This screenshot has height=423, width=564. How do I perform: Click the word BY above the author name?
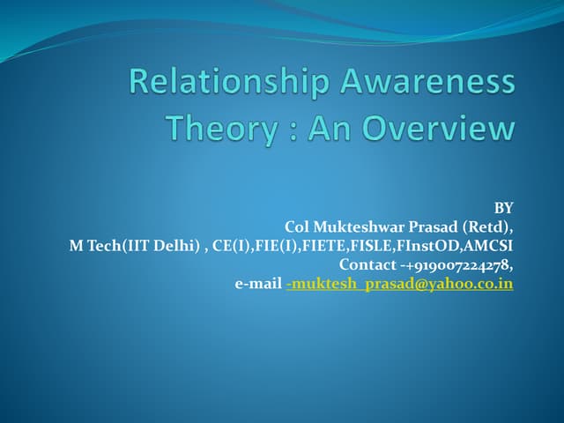click(503, 208)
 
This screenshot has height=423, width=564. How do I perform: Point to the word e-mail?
click(257, 284)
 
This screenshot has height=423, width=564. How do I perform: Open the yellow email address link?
click(400, 284)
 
